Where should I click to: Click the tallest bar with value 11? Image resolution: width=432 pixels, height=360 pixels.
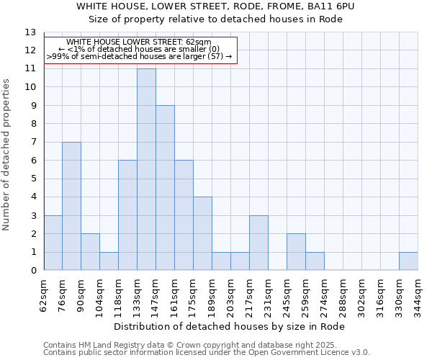pos(146,169)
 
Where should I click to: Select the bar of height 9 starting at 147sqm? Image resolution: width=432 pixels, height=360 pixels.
pos(165,188)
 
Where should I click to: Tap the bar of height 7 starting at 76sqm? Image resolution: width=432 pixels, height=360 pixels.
pos(71,206)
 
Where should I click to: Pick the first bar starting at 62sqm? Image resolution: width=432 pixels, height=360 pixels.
pos(53,243)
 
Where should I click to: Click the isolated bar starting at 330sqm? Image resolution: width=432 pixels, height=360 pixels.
pos(408,261)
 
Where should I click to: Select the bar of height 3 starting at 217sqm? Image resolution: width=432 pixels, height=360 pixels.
pos(258,243)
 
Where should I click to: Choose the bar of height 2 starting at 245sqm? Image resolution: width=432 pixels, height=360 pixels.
pos(296,252)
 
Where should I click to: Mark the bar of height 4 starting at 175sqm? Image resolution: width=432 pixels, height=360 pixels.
pos(202,233)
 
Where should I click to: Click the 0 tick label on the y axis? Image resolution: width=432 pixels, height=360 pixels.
pos(33,271)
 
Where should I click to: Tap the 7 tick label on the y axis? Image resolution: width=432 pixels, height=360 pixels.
pos(33,143)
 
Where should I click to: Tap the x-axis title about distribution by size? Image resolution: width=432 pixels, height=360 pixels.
pos(230,326)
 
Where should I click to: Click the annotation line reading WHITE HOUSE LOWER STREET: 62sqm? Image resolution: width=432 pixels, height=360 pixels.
pos(139,42)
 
